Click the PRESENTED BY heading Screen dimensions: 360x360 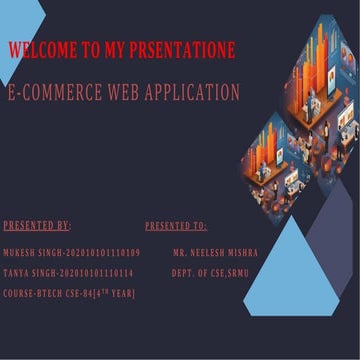point(37,226)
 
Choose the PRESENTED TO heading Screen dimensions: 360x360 point(176,226)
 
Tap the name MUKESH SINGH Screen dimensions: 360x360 point(30,251)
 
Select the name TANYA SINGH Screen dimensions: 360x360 point(29,272)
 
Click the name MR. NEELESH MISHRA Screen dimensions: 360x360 point(215,251)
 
